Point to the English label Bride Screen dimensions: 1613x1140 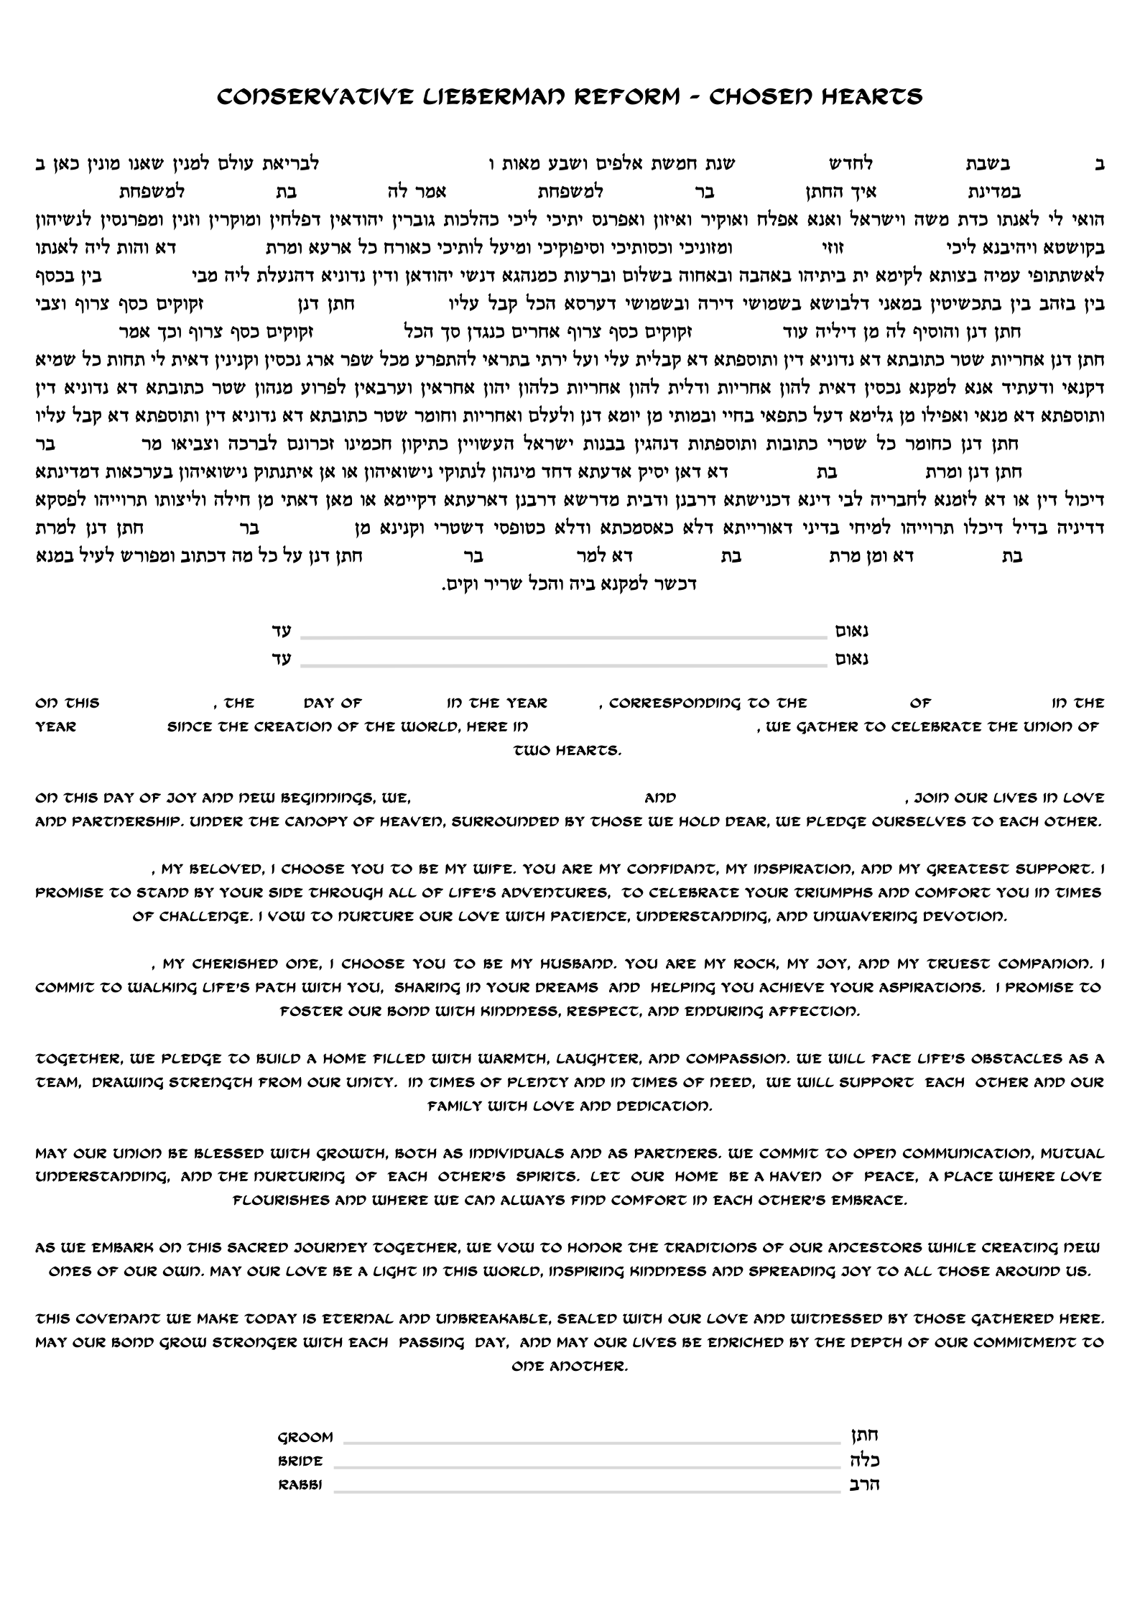point(300,1461)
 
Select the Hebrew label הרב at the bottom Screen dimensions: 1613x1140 point(868,1484)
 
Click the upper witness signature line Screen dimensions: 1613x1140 point(563,637)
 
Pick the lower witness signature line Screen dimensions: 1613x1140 point(563,664)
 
